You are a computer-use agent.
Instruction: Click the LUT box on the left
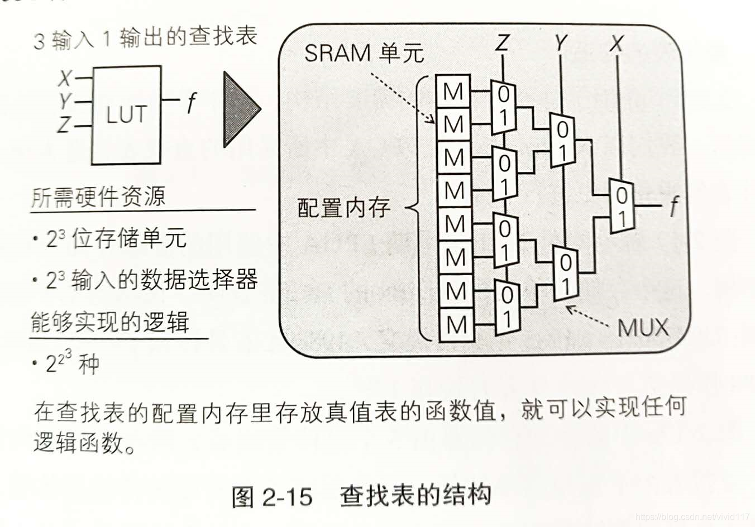coord(126,115)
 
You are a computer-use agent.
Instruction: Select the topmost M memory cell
coord(453,91)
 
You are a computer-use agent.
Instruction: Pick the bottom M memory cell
coord(456,324)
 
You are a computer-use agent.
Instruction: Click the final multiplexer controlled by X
coord(621,205)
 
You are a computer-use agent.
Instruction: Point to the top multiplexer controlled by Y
coord(562,140)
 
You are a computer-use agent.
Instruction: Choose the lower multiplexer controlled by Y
coord(566,273)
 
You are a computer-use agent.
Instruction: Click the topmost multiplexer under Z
coord(504,106)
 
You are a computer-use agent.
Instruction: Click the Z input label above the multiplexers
coord(503,43)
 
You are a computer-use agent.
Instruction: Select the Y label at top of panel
coord(560,43)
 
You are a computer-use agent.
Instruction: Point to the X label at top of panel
coord(616,43)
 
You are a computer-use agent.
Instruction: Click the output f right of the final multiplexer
coord(674,206)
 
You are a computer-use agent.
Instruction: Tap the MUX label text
coord(643,328)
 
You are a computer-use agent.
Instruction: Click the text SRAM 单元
coord(364,54)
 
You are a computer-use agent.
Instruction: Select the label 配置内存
coord(343,208)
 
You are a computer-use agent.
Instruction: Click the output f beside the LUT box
coord(192,103)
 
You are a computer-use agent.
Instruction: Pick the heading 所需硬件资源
coord(98,197)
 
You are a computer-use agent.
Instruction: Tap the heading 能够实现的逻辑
coord(110,323)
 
